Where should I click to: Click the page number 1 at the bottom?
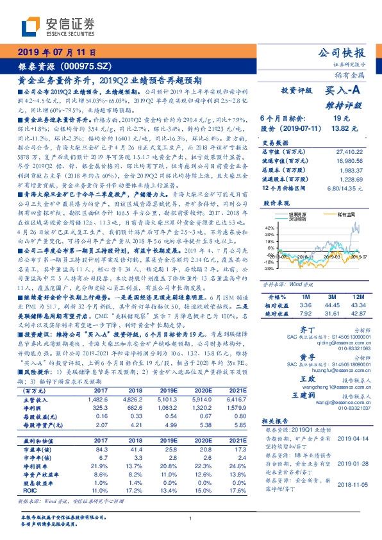[191, 518]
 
